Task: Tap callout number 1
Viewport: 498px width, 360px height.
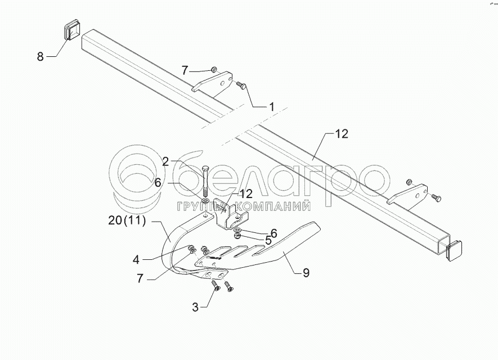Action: (271, 106)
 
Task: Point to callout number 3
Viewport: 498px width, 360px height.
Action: (195, 307)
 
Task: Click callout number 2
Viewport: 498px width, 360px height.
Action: (165, 162)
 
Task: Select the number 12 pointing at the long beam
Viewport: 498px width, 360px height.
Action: (342, 134)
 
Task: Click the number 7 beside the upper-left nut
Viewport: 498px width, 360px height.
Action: (185, 70)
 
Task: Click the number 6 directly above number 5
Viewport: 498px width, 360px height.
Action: (273, 232)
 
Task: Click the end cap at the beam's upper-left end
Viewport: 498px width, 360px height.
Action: (70, 30)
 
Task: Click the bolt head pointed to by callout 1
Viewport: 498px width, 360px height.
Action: (241, 85)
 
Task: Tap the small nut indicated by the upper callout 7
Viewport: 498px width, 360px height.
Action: (214, 70)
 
